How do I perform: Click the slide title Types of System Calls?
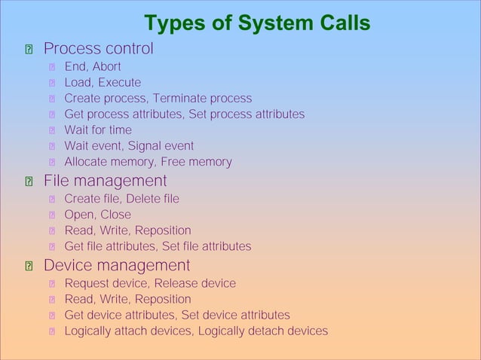[x=257, y=24]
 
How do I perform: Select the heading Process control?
[x=98, y=49]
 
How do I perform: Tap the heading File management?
[x=105, y=181]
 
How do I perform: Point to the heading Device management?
[x=116, y=265]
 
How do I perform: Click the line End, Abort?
[x=92, y=67]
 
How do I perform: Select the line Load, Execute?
[x=102, y=83]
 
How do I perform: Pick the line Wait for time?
[x=97, y=130]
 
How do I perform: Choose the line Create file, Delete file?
[x=121, y=199]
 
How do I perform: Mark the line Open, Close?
[x=97, y=215]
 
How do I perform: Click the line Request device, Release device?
[x=149, y=283]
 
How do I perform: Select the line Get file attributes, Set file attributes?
[x=158, y=246]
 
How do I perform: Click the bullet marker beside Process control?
[x=28, y=50]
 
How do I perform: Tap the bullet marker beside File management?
[x=28, y=182]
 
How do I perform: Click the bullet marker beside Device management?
[x=28, y=267]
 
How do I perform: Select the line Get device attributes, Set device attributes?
[x=176, y=315]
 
